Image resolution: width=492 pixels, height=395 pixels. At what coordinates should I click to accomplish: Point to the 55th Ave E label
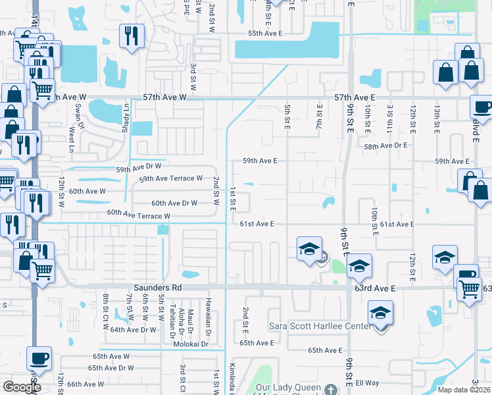pos(265,33)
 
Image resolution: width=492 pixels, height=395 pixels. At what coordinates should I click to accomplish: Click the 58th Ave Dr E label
pos(386,145)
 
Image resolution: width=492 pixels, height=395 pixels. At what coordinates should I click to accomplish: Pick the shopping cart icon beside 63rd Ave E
pos(469,288)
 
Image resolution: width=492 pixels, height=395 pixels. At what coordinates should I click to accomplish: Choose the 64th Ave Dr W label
pos(134,330)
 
